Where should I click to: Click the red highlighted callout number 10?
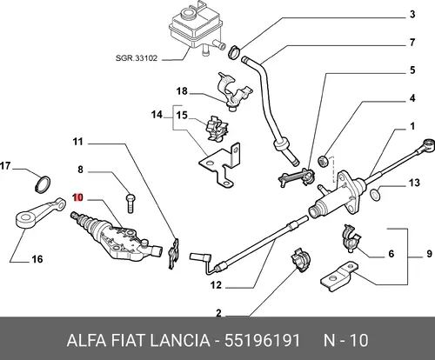point(78,197)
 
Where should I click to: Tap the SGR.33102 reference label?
point(137,58)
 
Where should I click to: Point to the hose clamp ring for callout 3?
point(235,51)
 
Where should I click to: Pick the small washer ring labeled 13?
point(375,195)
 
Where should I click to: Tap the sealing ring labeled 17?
point(43,183)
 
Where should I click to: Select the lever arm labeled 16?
point(39,213)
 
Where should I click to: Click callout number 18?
point(182,91)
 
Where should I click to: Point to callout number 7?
point(412,43)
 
